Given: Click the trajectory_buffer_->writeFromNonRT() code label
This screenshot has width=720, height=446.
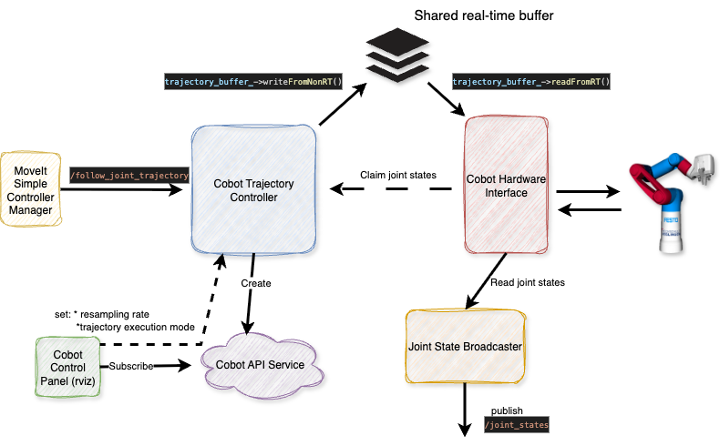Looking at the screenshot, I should coord(253,82).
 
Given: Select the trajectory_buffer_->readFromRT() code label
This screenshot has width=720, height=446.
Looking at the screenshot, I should coord(531,82).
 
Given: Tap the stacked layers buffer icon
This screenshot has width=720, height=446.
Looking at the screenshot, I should coord(397,54).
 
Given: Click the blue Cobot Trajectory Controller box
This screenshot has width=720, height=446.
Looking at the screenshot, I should coord(254,189).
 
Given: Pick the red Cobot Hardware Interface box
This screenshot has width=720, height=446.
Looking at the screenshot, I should coord(507,185).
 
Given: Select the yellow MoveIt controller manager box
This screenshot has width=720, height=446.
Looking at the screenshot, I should coord(31,189).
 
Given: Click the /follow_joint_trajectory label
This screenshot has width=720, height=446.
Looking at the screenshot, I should coord(129,175).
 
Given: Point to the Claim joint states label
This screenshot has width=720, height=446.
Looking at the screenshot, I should coord(398,175).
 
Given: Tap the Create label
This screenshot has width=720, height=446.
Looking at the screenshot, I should coord(256,283).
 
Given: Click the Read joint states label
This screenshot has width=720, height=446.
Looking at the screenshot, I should coord(528,282).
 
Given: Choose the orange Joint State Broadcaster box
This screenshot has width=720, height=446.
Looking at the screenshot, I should coord(466,347).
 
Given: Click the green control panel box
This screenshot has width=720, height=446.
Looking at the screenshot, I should coord(67,367).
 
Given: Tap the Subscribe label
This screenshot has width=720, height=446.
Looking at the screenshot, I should coord(131,366).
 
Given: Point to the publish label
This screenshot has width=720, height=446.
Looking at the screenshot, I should coord(508,411).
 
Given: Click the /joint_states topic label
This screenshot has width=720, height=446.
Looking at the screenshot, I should coord(517,424).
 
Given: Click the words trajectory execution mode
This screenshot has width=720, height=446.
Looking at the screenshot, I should coord(136,328).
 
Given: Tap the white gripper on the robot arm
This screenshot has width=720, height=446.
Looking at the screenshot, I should coord(702,169).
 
